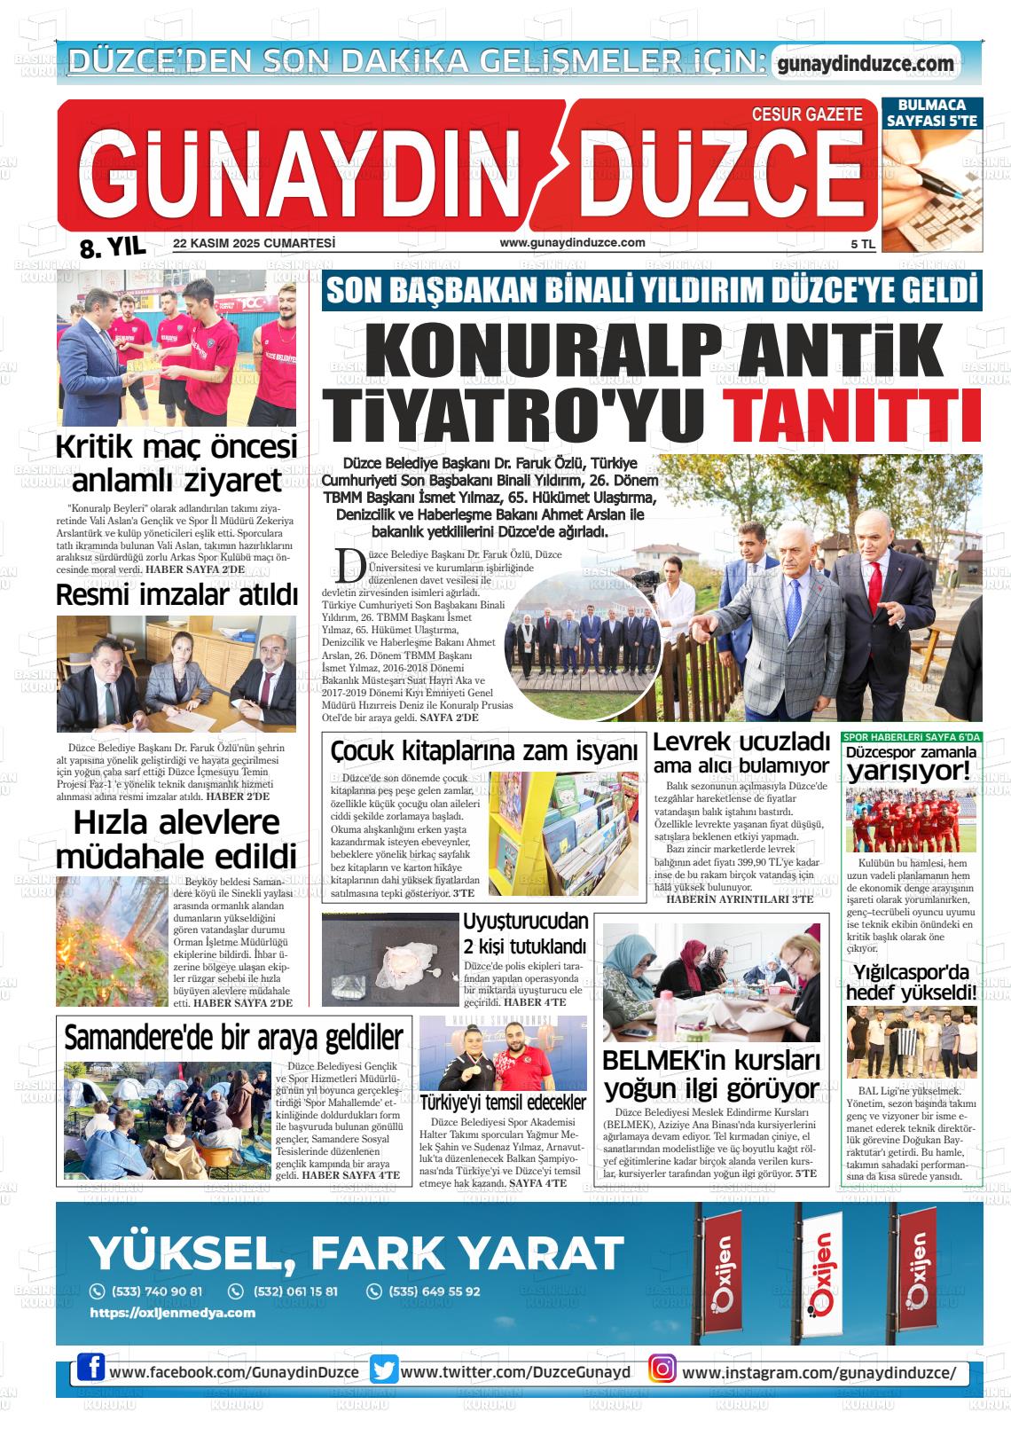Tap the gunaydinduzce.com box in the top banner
point(865,64)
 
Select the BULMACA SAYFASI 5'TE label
point(931,113)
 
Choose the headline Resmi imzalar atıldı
point(177,595)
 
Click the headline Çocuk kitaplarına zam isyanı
point(484,751)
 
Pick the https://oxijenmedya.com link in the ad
point(173,1313)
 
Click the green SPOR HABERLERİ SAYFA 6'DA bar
point(912,737)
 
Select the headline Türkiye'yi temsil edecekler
point(503,1103)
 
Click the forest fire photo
point(112,941)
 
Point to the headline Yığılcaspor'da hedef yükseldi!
point(911,983)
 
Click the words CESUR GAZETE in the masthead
point(806,114)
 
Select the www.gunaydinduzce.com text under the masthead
point(572,243)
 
